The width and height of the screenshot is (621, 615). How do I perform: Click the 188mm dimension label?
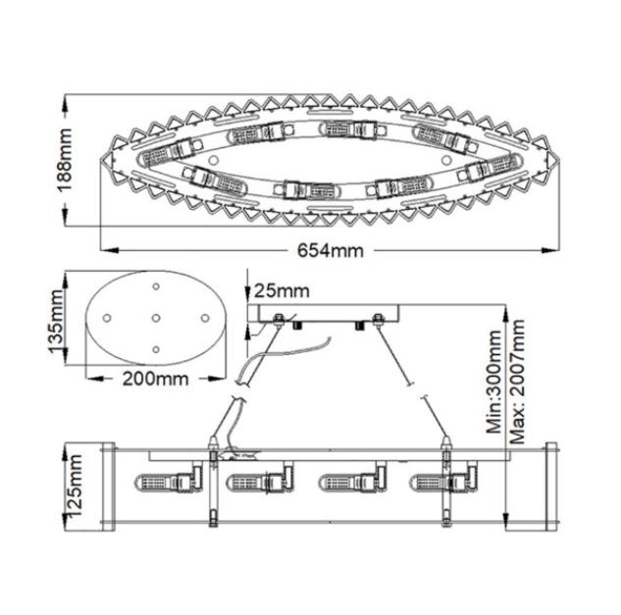point(66,160)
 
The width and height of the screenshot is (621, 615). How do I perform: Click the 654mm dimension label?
point(331,250)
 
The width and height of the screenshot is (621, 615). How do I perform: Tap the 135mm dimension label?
point(56,321)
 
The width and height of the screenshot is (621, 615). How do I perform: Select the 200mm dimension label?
point(155,379)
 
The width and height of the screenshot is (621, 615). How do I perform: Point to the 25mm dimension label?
point(282,290)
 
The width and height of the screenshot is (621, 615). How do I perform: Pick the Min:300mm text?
point(494,381)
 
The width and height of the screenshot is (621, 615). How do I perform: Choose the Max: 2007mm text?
point(517,381)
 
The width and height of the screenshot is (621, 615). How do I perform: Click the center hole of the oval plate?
point(156,318)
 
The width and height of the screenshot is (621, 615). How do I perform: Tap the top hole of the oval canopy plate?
point(156,285)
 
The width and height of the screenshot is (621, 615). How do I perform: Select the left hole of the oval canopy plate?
point(107,318)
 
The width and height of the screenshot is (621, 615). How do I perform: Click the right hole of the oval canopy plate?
point(205,318)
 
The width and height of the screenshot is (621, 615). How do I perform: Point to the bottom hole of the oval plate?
point(156,349)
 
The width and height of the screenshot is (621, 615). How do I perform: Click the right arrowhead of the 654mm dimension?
point(550,250)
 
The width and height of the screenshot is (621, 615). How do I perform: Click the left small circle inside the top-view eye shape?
point(214,161)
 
